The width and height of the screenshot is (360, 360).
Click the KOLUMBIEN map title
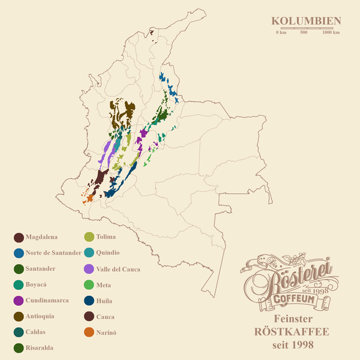click(306, 21)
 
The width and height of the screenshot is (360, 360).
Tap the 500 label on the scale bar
click(304, 32)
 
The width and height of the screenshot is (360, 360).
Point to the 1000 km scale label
click(331, 32)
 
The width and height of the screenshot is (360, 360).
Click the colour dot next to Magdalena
click(19, 237)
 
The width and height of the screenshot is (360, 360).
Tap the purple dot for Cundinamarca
click(19, 300)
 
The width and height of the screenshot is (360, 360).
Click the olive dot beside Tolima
click(89, 237)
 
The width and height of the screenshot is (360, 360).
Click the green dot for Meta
click(89, 284)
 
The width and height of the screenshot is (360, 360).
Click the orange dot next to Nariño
click(89, 332)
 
